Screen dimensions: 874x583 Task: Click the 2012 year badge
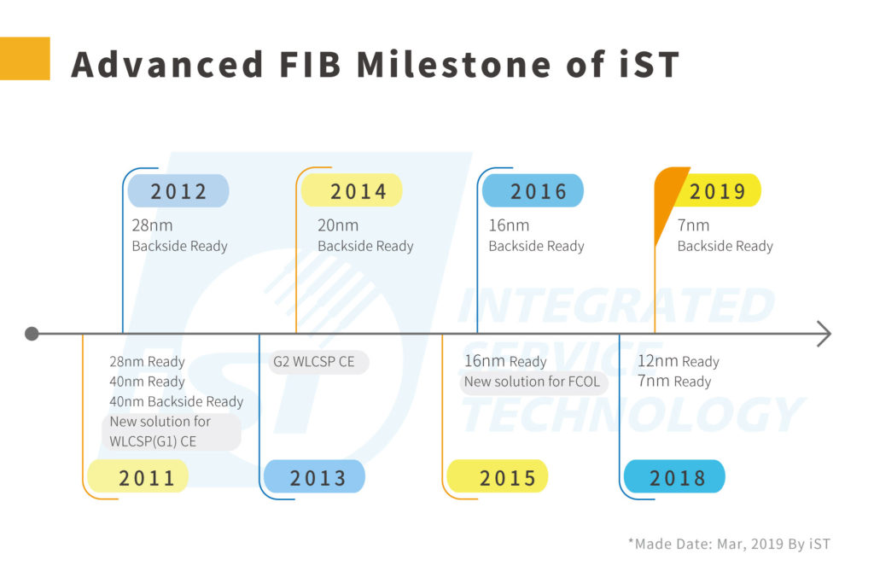tap(178, 190)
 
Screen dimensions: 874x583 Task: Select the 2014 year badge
tap(352, 190)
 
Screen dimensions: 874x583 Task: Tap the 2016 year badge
tap(533, 190)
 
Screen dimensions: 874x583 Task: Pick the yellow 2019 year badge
tap(718, 190)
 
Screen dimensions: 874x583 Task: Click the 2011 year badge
tap(137, 476)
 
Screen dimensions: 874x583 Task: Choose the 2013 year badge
tap(314, 476)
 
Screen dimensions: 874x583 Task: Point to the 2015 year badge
tap(498, 476)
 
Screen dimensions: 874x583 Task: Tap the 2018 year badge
tap(674, 476)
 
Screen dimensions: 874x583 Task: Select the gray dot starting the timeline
tap(32, 334)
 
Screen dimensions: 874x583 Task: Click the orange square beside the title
tap(25, 59)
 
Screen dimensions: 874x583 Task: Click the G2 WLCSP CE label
tap(314, 362)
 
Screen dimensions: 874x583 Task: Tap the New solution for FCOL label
tap(533, 382)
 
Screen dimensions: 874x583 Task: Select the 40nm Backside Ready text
tap(176, 402)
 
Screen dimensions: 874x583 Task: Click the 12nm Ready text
tap(679, 362)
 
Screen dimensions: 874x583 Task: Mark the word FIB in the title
tap(310, 64)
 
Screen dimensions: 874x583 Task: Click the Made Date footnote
tap(729, 544)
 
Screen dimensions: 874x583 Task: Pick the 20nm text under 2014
tap(338, 225)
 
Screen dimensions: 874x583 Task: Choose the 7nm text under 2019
tap(693, 225)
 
